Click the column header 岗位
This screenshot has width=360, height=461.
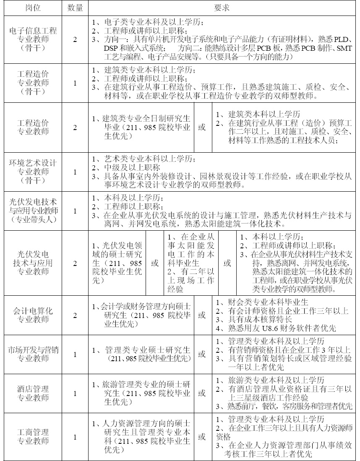(33, 8)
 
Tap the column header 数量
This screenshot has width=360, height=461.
(76, 8)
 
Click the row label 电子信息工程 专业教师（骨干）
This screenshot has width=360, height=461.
(33, 39)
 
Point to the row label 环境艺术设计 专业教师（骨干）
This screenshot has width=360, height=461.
(33, 172)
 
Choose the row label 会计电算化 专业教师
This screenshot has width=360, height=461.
(33, 315)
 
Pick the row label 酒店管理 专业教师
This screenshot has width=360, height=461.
(33, 393)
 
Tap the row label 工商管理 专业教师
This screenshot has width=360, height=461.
(33, 437)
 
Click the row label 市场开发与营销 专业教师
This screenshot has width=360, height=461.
(33, 354)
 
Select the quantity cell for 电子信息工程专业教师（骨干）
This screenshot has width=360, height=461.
(76, 39)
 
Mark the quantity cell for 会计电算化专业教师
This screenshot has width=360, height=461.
(76, 315)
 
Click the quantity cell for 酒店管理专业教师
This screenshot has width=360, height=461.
(76, 393)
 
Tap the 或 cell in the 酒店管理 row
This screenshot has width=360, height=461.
(202, 393)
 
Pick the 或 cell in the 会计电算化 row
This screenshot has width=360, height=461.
(202, 315)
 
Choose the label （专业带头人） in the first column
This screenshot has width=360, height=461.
(33, 219)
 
